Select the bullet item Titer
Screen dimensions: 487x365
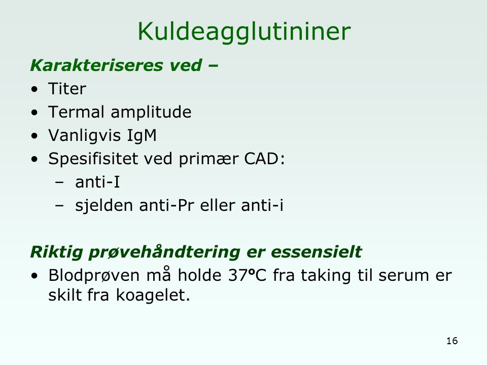click(x=67, y=89)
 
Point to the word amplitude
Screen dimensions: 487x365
click(x=151, y=113)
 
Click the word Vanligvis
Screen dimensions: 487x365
click(x=85, y=136)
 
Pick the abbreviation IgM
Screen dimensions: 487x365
click(x=142, y=136)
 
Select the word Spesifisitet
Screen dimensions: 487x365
click(x=93, y=159)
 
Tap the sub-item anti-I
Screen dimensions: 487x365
click(x=97, y=182)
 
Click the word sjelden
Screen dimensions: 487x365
click(x=103, y=206)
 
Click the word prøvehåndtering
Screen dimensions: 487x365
click(x=164, y=252)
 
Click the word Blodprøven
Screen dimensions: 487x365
click(x=94, y=276)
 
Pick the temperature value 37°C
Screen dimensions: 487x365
click(x=247, y=275)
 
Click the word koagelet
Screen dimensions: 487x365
click(x=153, y=295)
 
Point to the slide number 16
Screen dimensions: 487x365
click(x=452, y=341)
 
